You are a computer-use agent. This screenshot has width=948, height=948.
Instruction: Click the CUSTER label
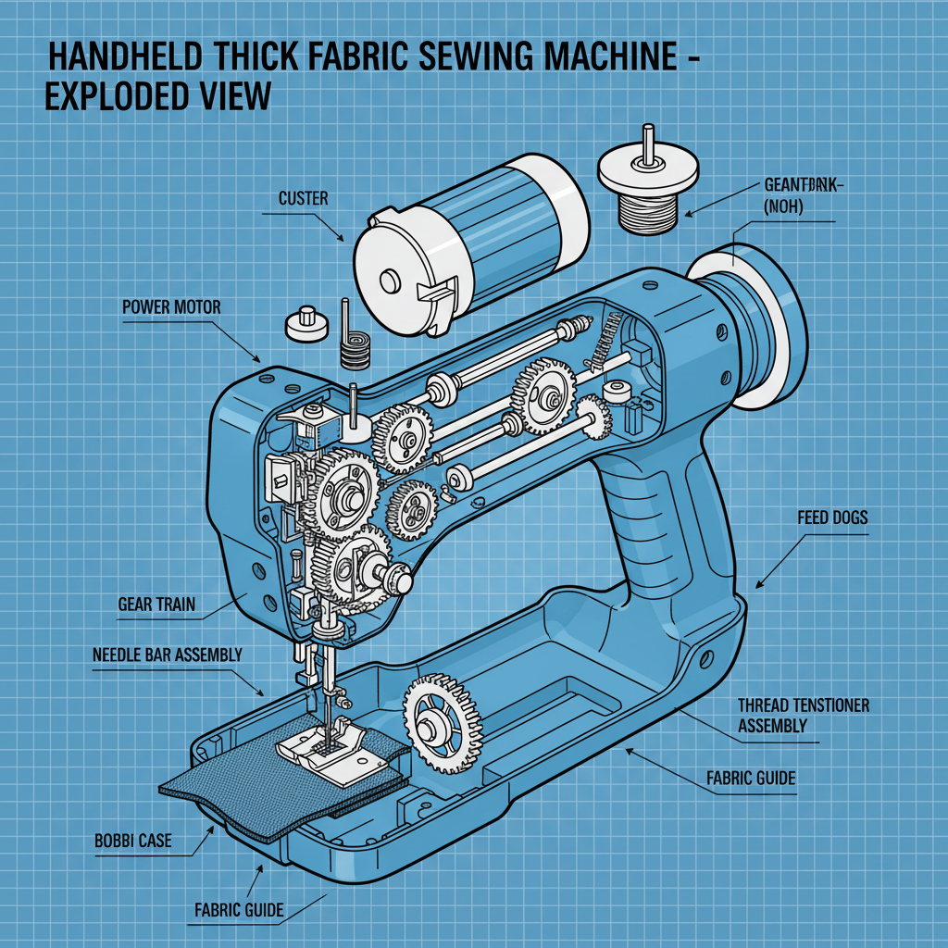(x=303, y=199)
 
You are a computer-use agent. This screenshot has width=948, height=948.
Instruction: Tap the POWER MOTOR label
(x=172, y=306)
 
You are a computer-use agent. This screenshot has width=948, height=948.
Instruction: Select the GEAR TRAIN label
(x=156, y=605)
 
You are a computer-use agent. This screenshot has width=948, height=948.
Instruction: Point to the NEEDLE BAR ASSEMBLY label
(x=168, y=655)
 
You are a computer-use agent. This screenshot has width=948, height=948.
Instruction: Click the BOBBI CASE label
(x=133, y=842)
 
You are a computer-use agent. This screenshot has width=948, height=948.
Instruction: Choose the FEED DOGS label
(x=832, y=517)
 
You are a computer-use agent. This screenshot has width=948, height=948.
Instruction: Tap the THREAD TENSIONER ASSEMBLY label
(x=803, y=716)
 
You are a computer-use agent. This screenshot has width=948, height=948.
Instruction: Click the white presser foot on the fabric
(x=330, y=748)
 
